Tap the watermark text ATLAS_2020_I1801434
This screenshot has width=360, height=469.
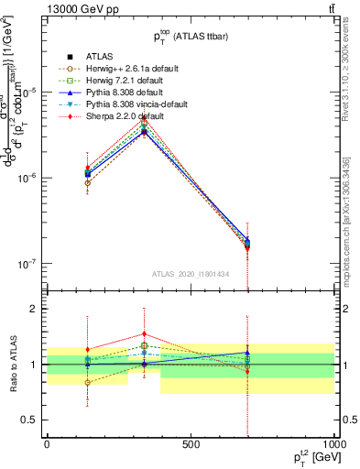click(x=191, y=274)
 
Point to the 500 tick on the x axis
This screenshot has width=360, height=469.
click(x=191, y=445)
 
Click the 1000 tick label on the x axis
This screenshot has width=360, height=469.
click(x=333, y=445)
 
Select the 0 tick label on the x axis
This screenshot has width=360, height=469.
click(x=47, y=445)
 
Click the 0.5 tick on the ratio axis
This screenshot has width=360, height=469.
click(x=30, y=420)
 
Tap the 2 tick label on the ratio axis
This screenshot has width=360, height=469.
click(x=33, y=309)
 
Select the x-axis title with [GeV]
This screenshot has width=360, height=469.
click(x=312, y=459)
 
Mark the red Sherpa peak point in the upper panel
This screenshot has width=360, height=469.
click(x=144, y=117)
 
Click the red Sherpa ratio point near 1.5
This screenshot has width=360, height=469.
click(x=144, y=334)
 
